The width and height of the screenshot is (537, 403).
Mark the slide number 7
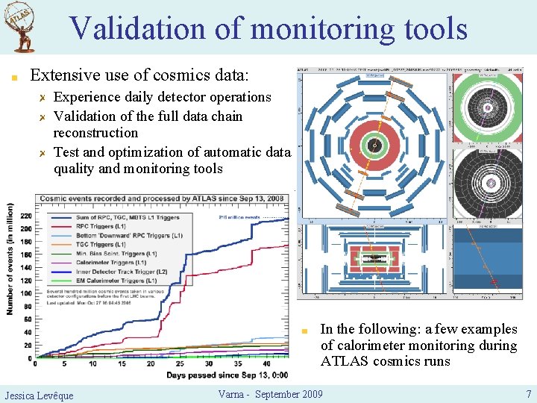(x=528, y=394)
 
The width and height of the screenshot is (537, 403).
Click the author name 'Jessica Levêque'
(x=39, y=395)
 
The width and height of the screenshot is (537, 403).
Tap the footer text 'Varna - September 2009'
(x=270, y=394)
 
